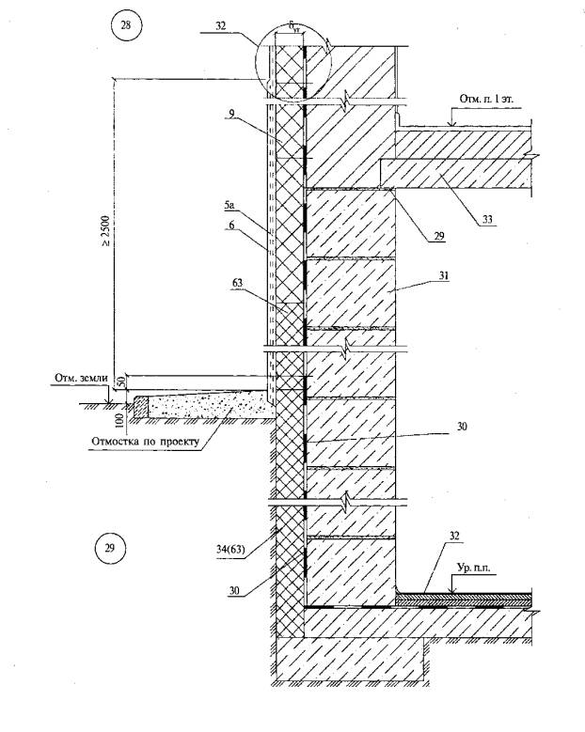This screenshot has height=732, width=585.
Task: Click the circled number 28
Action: click(x=125, y=25)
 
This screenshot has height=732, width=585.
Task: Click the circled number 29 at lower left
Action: click(x=110, y=549)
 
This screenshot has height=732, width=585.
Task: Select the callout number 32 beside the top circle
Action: click(x=221, y=27)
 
